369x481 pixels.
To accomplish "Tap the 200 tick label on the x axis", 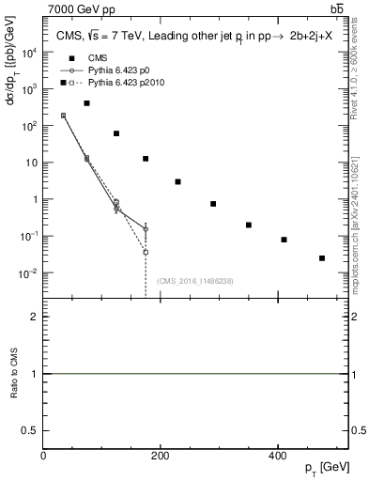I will click(161, 457).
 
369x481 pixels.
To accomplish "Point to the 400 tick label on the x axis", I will click(278, 457).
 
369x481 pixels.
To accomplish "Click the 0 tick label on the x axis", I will click(44, 457).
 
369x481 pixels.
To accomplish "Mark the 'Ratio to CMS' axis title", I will click(13, 374).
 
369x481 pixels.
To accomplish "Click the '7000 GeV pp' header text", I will click(78, 8).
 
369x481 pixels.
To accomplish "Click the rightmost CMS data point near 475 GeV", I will click(322, 257).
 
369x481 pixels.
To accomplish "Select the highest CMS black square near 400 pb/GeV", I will click(86, 103).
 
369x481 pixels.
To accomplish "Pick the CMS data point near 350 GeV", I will click(249, 225).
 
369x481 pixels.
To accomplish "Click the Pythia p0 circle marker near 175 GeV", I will click(146, 228).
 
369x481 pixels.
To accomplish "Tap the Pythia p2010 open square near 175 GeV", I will click(146, 252).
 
